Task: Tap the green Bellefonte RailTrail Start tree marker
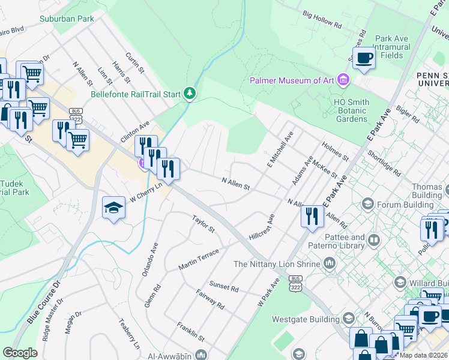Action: point(190,94)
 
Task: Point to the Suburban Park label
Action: point(67,19)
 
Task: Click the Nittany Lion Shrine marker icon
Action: point(330,263)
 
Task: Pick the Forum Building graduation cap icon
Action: point(366,205)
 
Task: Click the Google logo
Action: point(20,352)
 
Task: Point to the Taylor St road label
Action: point(203,224)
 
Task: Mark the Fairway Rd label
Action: point(210,299)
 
